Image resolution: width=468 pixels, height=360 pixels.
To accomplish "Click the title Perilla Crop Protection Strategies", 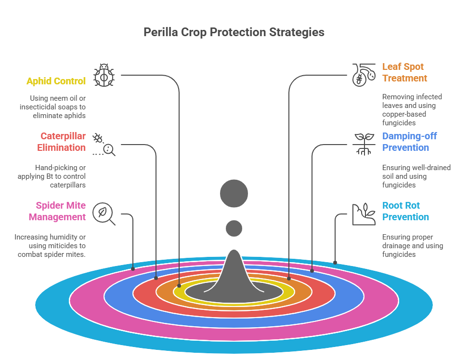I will click(234, 32).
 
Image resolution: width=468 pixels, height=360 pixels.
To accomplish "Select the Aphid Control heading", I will click(56, 81).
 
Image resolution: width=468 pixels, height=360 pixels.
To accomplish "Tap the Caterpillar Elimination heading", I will click(62, 142).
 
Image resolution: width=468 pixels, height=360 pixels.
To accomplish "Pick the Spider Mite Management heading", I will click(57, 211).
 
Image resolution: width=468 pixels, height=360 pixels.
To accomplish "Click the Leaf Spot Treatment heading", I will click(404, 72).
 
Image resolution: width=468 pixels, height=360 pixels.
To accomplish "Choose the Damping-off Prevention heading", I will click(409, 142).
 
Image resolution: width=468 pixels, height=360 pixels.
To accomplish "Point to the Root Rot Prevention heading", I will click(405, 211).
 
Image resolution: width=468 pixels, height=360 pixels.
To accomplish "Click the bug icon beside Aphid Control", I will click(104, 75).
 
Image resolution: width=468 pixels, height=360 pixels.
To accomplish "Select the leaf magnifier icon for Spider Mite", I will click(104, 213).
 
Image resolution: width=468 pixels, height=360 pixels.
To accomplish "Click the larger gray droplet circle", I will click(234, 194).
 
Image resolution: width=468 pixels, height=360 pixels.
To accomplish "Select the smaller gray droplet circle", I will click(234, 228).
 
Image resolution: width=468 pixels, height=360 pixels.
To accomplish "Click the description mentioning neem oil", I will click(52, 107).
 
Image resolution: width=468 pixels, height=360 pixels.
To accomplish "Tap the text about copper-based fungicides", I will click(412, 110).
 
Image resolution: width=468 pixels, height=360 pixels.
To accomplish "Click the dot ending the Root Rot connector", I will click(335, 263).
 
